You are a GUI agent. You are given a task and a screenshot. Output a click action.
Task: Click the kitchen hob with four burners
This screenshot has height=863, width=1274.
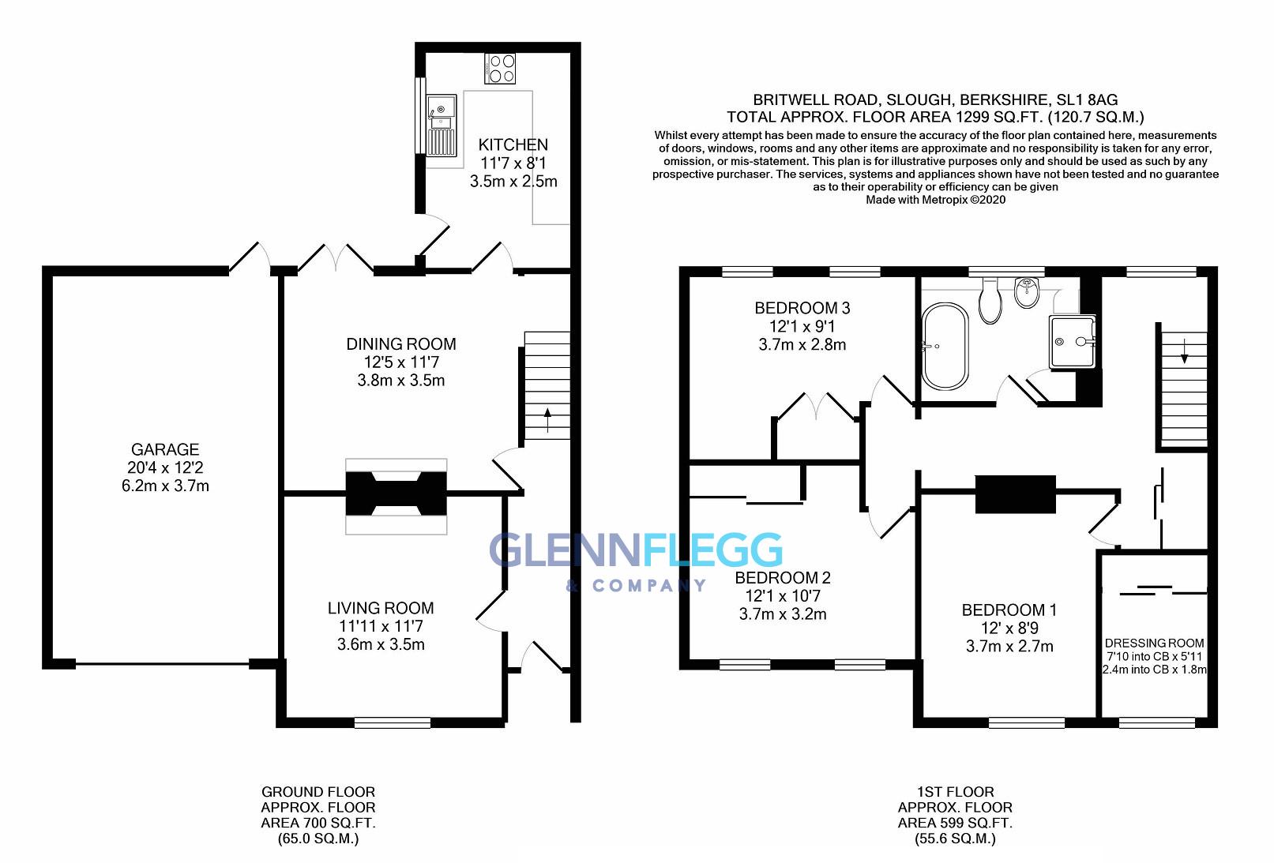(500, 68)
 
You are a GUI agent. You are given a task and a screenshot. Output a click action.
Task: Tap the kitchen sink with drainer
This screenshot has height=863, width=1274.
(441, 124)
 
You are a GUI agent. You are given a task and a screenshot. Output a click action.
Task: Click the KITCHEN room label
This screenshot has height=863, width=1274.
(513, 144)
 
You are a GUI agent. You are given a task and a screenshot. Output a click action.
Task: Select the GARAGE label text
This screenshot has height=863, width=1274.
(165, 449)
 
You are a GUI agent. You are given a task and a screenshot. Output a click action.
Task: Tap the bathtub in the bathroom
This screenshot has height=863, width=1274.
(945, 347)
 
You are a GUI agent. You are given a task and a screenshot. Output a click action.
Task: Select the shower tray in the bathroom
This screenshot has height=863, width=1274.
(1073, 341)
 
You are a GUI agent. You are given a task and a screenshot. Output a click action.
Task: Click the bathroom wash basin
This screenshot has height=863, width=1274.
(1028, 293)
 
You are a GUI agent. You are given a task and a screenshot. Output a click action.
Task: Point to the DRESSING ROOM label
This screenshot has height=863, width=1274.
(1154, 643)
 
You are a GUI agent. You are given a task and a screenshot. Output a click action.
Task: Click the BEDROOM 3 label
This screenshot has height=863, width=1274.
(802, 308)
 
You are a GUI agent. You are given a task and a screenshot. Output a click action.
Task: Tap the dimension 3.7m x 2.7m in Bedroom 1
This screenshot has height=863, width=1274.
(1009, 647)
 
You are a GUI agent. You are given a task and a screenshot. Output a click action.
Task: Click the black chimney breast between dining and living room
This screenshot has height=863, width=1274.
(396, 493)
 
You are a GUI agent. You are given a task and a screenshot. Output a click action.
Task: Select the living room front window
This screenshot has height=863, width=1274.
(392, 722)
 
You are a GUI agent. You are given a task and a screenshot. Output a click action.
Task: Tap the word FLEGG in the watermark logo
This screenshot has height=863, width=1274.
(712, 550)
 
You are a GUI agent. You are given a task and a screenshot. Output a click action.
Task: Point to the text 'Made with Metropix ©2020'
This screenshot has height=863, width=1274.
(935, 200)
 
